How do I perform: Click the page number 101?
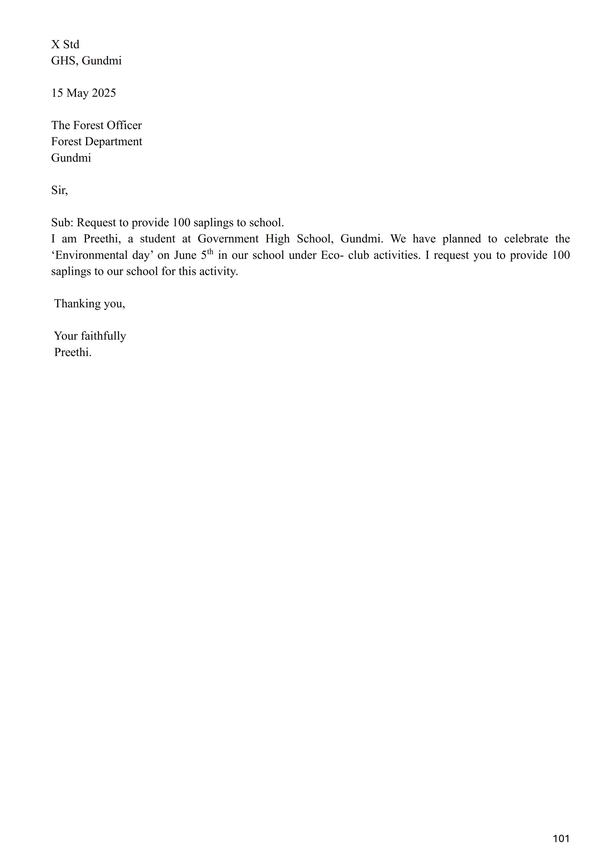561,838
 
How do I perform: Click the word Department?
113,142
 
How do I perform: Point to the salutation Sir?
59,190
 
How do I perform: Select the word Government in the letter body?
228,239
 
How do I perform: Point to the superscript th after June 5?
210,251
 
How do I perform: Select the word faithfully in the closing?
103,336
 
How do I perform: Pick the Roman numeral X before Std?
55,45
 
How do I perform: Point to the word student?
157,239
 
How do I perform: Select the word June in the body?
185,255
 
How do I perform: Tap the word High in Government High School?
277,239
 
